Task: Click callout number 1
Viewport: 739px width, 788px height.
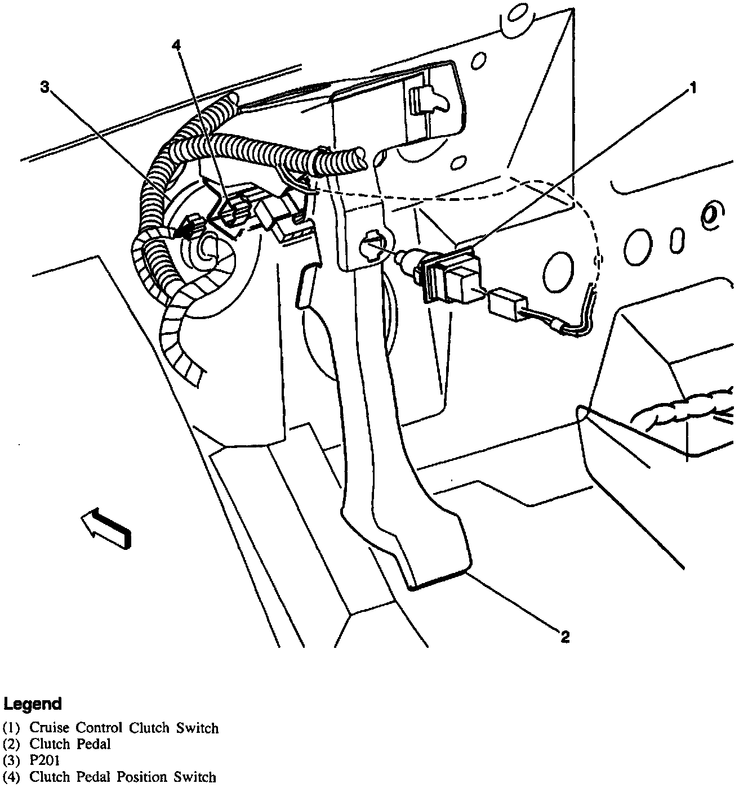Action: (x=693, y=88)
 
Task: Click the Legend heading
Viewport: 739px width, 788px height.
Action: (x=32, y=704)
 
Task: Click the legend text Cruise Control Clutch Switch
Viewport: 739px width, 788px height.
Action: (x=124, y=728)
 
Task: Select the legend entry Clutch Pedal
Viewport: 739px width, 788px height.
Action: (x=70, y=744)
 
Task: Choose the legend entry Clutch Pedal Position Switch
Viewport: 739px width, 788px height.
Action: (x=122, y=777)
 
